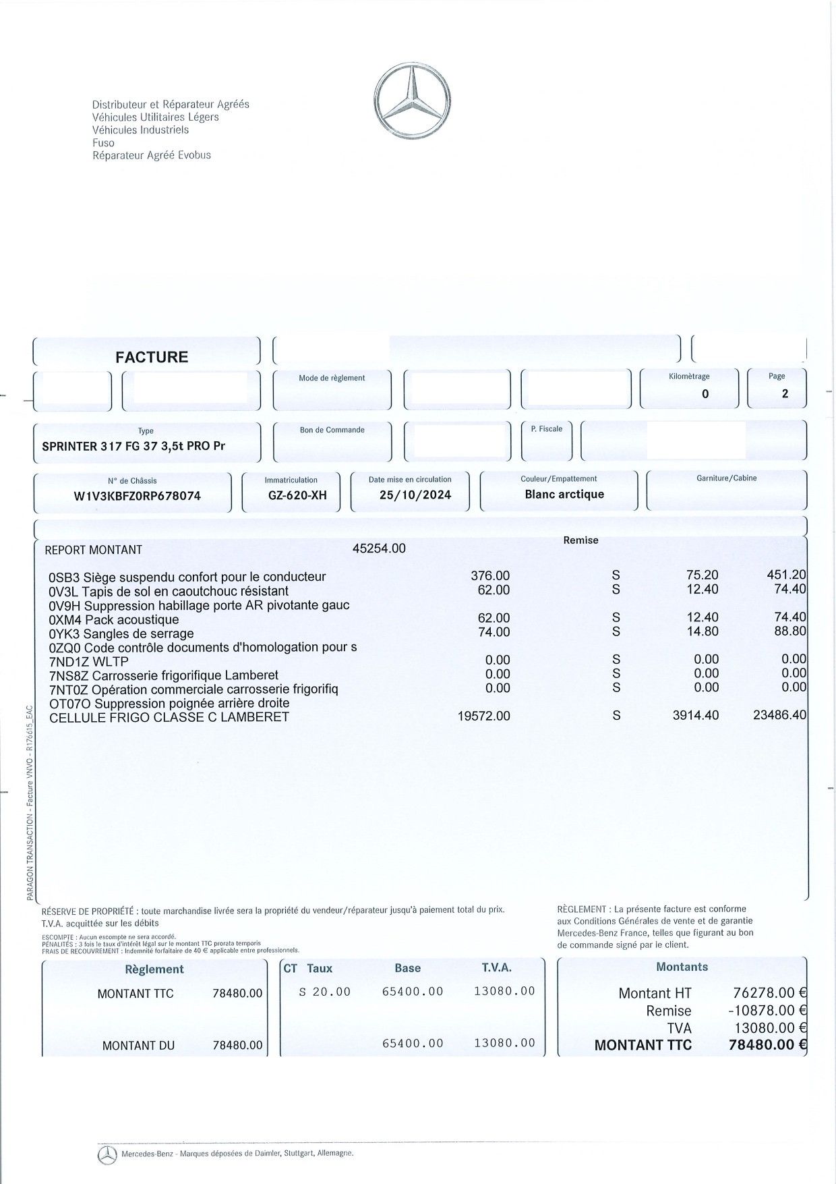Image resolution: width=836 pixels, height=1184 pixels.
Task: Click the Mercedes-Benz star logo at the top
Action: tap(412, 101)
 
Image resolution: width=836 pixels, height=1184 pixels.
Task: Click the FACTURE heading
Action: tap(152, 357)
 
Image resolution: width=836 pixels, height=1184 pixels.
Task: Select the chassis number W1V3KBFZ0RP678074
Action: tap(137, 496)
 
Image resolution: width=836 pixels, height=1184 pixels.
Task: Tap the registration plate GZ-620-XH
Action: tap(297, 495)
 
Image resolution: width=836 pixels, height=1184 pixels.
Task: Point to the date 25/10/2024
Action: tap(415, 495)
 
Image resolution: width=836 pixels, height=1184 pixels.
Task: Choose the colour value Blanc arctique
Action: tap(564, 495)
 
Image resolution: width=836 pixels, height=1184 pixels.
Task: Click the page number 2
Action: tap(785, 394)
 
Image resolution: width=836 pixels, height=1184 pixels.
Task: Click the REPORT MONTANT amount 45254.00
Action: tap(379, 548)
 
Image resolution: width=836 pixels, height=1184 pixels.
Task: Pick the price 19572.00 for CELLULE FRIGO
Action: tap(483, 716)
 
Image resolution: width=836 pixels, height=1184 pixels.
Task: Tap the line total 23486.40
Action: tap(779, 715)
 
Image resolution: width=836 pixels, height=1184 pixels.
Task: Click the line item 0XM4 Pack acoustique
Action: tap(114, 619)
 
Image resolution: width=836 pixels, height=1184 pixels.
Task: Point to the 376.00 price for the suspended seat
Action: tap(490, 576)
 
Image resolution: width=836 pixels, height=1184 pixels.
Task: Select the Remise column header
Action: tap(580, 540)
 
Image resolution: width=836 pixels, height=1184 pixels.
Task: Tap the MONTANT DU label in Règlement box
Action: tap(138, 1046)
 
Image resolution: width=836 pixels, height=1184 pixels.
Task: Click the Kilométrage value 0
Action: tap(705, 394)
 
